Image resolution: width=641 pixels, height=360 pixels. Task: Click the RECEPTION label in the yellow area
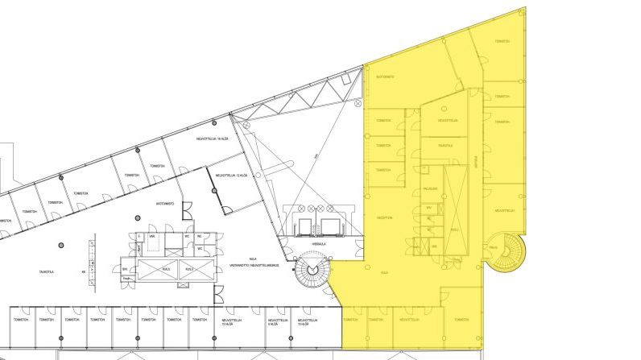(x=384, y=217)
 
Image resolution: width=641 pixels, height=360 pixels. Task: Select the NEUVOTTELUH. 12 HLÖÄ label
(x=225, y=175)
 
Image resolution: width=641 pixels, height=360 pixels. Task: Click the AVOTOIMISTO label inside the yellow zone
(x=385, y=77)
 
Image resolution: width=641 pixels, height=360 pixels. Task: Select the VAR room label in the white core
(x=151, y=237)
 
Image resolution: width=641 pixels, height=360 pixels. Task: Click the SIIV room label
(x=125, y=268)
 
